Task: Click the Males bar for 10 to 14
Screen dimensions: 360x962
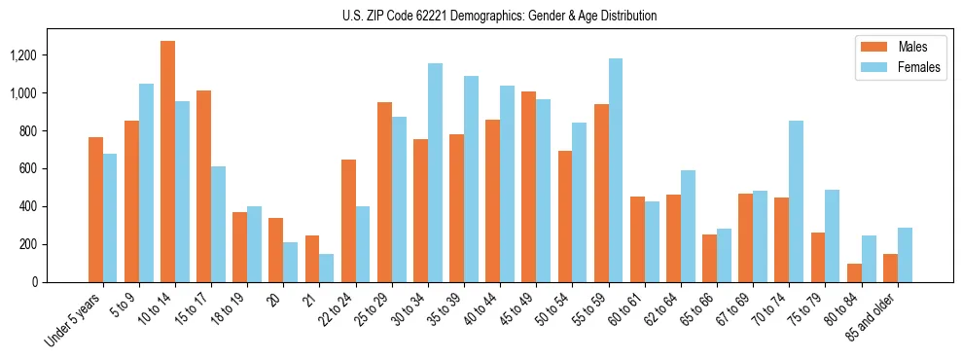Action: coord(167,162)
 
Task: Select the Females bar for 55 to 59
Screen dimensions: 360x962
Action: coord(616,170)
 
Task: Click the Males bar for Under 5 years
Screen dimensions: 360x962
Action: coord(95,209)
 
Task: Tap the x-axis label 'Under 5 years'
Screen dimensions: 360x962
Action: coord(74,318)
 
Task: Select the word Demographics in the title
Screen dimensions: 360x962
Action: coord(512,16)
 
